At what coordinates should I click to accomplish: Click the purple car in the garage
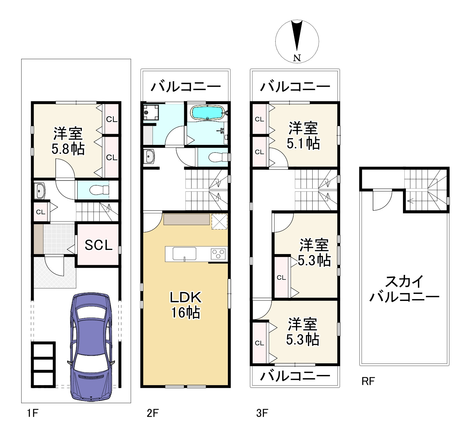click(91, 347)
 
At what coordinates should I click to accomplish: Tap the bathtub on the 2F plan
click(208, 112)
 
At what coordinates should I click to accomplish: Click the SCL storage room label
click(99, 245)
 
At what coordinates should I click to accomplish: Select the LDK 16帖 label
click(186, 305)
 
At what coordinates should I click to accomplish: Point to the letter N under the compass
click(297, 58)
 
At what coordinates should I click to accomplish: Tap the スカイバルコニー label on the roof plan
click(404, 289)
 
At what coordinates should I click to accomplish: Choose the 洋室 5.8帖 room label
click(68, 141)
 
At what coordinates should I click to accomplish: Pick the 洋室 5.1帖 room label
click(303, 136)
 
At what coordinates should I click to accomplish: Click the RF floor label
click(368, 381)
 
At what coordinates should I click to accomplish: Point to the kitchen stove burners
click(219, 253)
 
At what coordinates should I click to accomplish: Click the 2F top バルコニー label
click(186, 87)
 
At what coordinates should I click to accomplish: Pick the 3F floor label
click(262, 413)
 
